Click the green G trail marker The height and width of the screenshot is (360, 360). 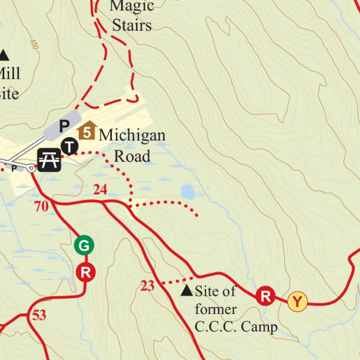[x=84, y=245]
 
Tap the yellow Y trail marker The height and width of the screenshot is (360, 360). [x=297, y=301]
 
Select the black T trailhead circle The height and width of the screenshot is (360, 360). [x=70, y=147]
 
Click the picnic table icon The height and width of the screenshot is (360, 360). [x=49, y=160]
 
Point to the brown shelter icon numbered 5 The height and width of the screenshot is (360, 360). [x=87, y=131]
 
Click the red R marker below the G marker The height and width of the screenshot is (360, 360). [x=85, y=272]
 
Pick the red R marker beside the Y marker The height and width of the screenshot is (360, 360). [x=265, y=296]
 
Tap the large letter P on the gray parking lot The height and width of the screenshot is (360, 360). [x=64, y=126]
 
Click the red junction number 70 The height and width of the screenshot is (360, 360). [x=42, y=206]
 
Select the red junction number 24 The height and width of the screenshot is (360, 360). [x=100, y=190]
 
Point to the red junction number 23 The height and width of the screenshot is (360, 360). [x=147, y=285]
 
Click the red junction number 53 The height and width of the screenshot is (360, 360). [x=39, y=315]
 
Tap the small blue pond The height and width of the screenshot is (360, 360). [x=187, y=191]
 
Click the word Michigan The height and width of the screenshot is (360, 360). [x=132, y=135]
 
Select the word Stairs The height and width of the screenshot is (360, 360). [x=132, y=25]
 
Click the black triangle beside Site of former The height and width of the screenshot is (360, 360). [x=187, y=291]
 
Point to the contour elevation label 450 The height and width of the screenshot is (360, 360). [x=34, y=45]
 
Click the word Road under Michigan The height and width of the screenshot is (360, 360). [x=132, y=156]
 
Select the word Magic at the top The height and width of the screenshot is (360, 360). [x=132, y=6]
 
